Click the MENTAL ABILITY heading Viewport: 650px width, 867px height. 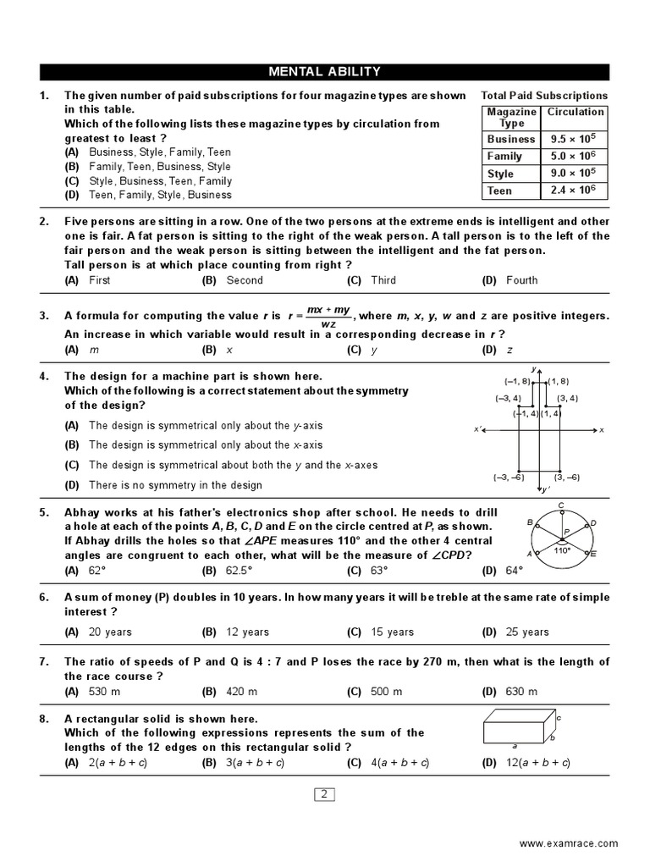click(x=324, y=72)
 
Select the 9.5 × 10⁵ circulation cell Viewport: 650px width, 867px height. click(x=575, y=139)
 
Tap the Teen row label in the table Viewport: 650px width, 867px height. click(x=499, y=191)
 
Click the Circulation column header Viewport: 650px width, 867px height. click(x=576, y=112)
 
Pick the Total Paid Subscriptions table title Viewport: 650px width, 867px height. click(x=544, y=96)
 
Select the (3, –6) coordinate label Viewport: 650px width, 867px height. click(x=567, y=478)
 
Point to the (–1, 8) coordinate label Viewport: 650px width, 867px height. click(x=516, y=381)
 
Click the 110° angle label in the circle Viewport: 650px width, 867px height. click(x=562, y=550)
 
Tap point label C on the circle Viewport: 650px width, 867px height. click(x=561, y=505)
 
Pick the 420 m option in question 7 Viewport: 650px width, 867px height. click(x=242, y=692)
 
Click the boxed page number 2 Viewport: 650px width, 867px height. click(x=324, y=794)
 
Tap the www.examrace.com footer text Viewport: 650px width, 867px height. click(x=568, y=843)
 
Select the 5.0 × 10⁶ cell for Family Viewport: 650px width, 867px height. click(x=575, y=156)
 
